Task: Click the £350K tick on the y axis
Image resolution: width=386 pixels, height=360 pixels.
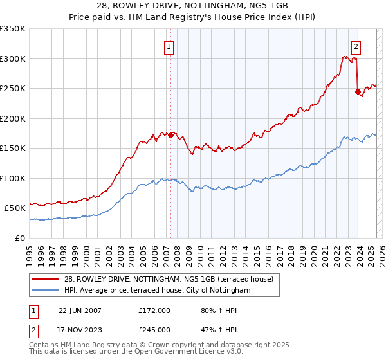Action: coord(13,29)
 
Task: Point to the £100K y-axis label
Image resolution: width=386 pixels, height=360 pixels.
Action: coord(13,178)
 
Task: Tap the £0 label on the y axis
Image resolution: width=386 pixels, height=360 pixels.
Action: coord(21,238)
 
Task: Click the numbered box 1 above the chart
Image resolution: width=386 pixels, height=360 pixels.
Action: coord(169,46)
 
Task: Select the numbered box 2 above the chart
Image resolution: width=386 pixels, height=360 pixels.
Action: coord(356,46)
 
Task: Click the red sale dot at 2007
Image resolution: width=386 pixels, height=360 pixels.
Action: coord(170,135)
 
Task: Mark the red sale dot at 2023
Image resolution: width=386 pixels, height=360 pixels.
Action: coord(358,91)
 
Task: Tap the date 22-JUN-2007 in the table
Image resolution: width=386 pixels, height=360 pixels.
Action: coord(80,310)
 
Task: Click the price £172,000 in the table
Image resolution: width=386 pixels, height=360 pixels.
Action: coord(154,310)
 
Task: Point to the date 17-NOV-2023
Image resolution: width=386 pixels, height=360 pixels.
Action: coord(80,330)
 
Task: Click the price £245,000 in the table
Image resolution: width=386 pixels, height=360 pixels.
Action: coord(154,330)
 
